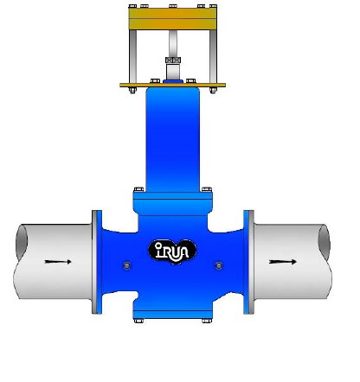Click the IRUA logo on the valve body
coord(172,251)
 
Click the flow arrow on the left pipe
coord(58,262)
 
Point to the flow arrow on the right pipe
coord(283,262)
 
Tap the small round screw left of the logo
coord(126,265)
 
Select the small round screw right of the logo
coord(219,265)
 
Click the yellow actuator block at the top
coord(172,19)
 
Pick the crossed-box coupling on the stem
coord(173,60)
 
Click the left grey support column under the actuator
coord(133,56)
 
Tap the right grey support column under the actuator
coord(213,56)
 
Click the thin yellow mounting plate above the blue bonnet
coord(172,85)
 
